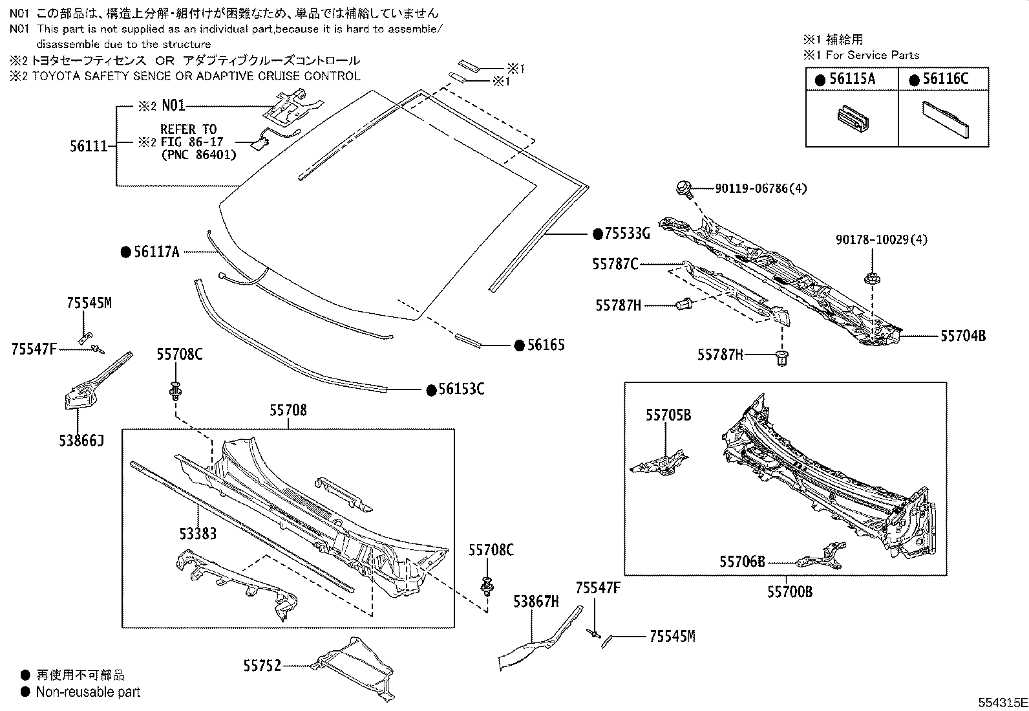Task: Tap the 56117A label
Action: [156, 252]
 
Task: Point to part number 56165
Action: [545, 345]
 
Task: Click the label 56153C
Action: [461, 389]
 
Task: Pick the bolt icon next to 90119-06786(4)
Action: [684, 189]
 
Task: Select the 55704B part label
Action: [962, 336]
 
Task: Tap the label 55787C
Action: [615, 263]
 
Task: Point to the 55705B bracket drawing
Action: [659, 462]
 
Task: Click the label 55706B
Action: [741, 562]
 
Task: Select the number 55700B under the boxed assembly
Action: [789, 591]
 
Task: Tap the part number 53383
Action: [198, 533]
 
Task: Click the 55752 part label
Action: [262, 664]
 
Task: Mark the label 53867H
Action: [535, 602]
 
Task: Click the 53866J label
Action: [80, 441]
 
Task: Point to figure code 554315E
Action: [1001, 702]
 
